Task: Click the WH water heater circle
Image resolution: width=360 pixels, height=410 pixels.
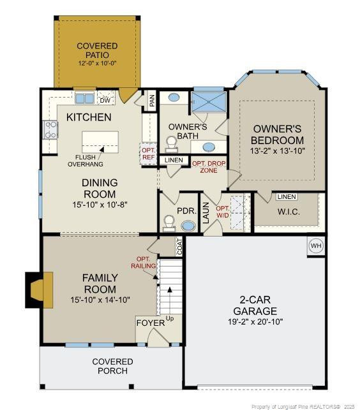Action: [x=316, y=245]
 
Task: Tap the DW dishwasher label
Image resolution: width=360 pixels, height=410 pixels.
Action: [x=105, y=100]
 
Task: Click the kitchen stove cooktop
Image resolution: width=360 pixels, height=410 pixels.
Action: [x=50, y=130]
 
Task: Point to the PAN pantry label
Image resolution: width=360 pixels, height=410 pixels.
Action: [x=151, y=100]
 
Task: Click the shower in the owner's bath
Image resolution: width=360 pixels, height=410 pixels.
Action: [x=209, y=102]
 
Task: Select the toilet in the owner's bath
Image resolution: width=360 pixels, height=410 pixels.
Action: [x=172, y=144]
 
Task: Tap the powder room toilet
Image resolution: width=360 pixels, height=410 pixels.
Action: [x=169, y=223]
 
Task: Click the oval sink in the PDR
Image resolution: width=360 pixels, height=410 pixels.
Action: [x=188, y=226]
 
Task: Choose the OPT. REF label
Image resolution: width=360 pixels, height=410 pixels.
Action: [x=149, y=154]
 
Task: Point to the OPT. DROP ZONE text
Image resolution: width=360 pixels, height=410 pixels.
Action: [x=209, y=167]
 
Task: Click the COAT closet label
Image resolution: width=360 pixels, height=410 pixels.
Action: [x=179, y=247]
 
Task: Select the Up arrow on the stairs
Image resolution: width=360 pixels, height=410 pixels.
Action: [x=170, y=301]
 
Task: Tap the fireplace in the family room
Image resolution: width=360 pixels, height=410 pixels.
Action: [x=39, y=289]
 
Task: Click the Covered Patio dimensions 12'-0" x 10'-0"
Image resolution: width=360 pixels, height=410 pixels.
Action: [x=97, y=63]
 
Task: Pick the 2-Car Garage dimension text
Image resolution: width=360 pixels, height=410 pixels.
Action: [x=255, y=321]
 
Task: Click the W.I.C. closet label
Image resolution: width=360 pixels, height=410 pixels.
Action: [x=289, y=212]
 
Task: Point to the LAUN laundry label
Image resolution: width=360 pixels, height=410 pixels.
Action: [x=206, y=212]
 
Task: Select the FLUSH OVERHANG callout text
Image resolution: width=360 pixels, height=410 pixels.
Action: [x=86, y=161]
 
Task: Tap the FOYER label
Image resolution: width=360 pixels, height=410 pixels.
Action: [x=151, y=323]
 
